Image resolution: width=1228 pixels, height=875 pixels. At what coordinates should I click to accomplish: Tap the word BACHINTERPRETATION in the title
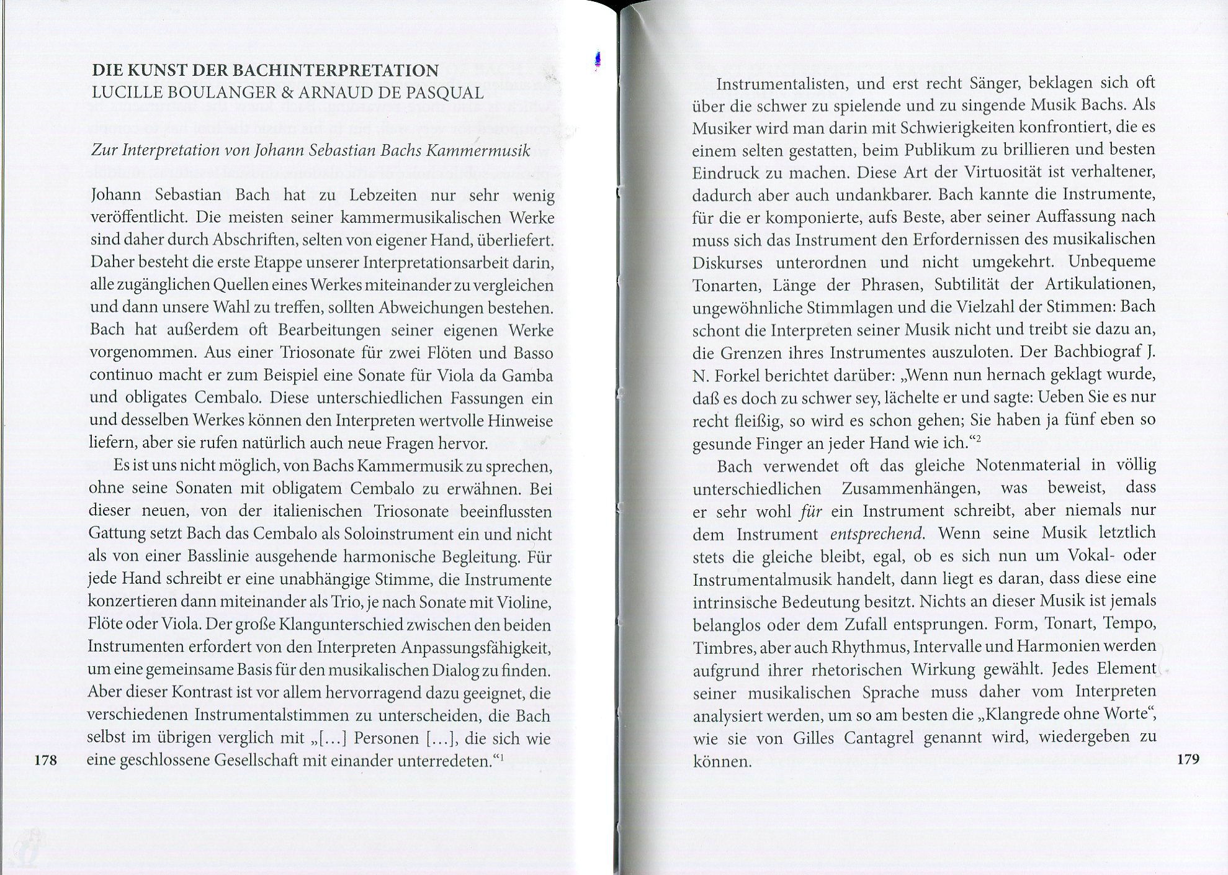pos(337,71)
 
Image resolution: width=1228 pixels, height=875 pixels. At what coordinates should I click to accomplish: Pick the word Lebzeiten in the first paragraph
pos(385,195)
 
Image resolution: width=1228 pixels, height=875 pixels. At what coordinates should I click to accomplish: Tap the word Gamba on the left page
pos(531,376)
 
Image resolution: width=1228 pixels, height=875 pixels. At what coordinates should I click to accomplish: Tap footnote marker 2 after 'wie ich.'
pos(980,439)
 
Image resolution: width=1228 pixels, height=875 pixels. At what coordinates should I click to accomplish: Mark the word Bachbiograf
pos(1091,353)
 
